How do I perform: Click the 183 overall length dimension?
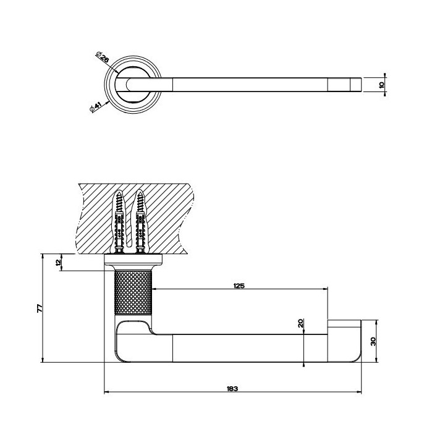232,389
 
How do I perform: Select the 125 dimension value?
239,286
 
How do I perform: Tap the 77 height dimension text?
40,308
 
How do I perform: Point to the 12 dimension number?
58,263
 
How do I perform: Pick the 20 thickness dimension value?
301,323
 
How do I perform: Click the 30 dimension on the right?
373,341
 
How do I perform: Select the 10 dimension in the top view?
381,85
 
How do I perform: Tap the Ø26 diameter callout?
103,57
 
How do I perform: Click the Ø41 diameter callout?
95,108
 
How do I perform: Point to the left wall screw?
119,221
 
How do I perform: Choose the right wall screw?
140,221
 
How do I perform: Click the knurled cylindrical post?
133,292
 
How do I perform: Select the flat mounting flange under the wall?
133,259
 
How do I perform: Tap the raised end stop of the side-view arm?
344,327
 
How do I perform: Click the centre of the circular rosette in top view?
133,85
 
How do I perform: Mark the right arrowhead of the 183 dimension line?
360,392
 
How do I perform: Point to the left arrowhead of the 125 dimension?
155,289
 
